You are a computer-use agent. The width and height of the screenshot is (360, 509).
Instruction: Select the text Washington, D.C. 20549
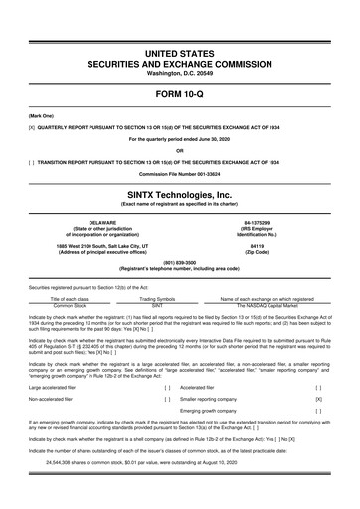point(180,73)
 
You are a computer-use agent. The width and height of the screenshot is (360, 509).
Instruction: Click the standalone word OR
point(180,150)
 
